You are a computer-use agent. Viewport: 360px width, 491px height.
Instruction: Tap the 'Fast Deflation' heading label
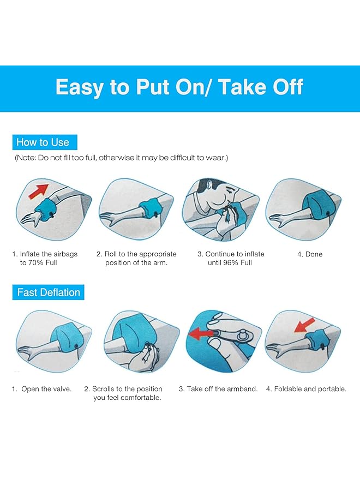(x=48, y=292)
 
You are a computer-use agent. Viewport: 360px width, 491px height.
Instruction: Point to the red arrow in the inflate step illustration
(x=39, y=191)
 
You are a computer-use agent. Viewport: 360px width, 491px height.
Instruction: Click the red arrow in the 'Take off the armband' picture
(x=202, y=333)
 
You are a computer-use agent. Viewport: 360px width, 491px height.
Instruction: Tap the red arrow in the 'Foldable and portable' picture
(x=304, y=326)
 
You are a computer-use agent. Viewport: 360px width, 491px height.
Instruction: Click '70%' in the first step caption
(x=36, y=262)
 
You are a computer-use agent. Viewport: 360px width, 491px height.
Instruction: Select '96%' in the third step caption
(x=230, y=262)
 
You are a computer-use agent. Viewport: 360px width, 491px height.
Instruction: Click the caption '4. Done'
(x=310, y=254)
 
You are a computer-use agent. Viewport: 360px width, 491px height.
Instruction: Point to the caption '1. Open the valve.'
(x=41, y=389)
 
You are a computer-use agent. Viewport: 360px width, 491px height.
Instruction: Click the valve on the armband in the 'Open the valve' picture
(x=76, y=347)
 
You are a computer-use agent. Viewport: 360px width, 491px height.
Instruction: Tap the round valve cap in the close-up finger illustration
(x=242, y=336)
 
